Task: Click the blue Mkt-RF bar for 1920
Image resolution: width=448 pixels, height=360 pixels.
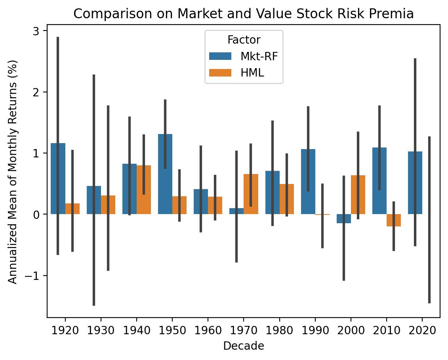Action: tap(58, 178)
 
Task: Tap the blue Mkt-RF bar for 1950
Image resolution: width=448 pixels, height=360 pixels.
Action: tap(165, 174)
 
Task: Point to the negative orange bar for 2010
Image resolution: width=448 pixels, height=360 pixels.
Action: tap(394, 220)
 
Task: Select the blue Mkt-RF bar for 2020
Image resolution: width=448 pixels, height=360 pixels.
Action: tap(415, 183)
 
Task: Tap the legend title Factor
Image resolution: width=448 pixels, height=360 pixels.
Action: tap(244, 40)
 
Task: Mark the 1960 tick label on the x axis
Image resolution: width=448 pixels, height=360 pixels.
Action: tap(208, 330)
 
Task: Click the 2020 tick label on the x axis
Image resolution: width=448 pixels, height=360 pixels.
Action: tap(422, 330)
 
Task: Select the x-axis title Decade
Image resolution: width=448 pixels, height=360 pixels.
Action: tap(244, 346)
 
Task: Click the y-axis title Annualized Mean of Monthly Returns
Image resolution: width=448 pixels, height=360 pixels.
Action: tap(13, 172)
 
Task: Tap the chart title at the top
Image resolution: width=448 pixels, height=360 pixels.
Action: tap(244, 14)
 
